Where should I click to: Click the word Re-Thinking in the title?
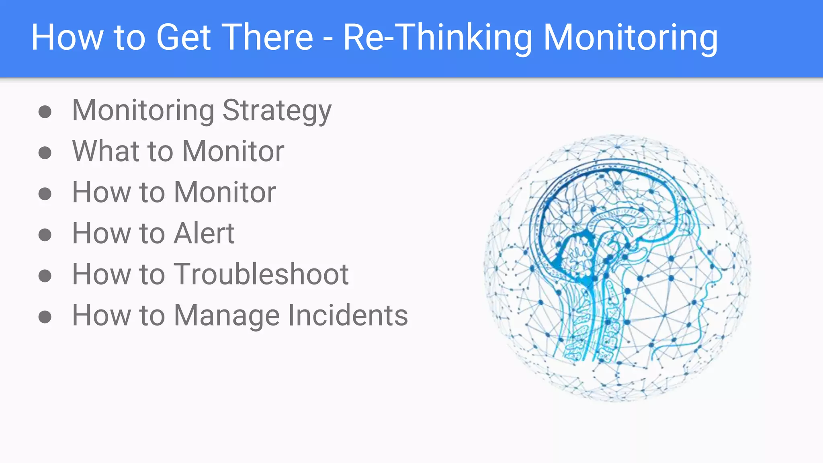[438, 37]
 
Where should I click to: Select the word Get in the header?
[183, 37]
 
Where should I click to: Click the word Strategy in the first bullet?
[277, 111]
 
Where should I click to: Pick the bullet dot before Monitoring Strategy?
[45, 112]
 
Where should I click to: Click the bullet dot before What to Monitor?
[45, 153]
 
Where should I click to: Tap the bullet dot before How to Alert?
[45, 235]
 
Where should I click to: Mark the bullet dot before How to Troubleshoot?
[45, 276]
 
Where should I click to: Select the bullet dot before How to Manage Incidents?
[45, 317]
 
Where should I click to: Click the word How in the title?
[67, 37]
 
